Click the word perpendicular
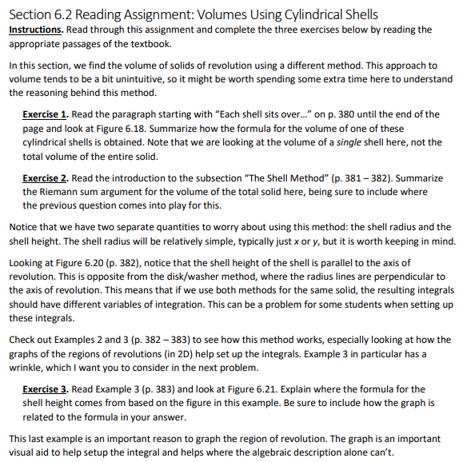point(413,277)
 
